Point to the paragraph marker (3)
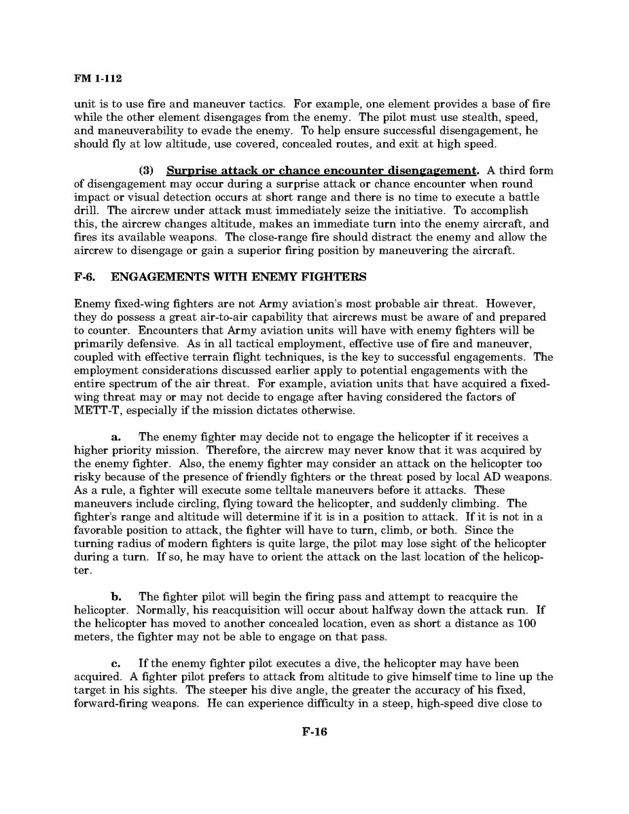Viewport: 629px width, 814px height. click(x=149, y=170)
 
